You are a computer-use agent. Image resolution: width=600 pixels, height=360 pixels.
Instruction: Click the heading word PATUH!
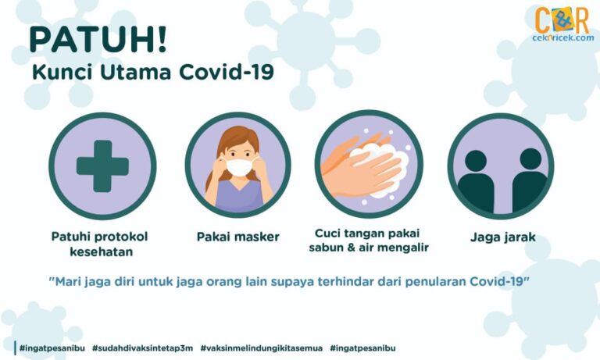point(98,40)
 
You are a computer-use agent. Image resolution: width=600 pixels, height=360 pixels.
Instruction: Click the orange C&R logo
point(562,20)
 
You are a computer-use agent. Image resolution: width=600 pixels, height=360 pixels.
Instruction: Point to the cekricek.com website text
point(562,38)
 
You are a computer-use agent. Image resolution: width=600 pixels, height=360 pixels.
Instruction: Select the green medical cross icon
point(102,166)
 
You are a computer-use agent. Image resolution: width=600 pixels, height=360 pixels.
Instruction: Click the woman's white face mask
point(239,167)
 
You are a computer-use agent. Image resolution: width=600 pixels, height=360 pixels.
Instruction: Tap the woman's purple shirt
point(239,196)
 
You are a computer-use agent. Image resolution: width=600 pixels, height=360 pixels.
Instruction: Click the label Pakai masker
point(238,237)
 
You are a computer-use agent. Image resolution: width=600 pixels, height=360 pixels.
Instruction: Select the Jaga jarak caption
point(503,237)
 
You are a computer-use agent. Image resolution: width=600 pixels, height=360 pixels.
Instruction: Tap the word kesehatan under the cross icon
point(102,251)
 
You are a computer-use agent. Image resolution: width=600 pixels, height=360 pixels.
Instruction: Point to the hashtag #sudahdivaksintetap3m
point(142,348)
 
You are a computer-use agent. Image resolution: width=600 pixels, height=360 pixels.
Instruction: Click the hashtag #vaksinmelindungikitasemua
point(262,348)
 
